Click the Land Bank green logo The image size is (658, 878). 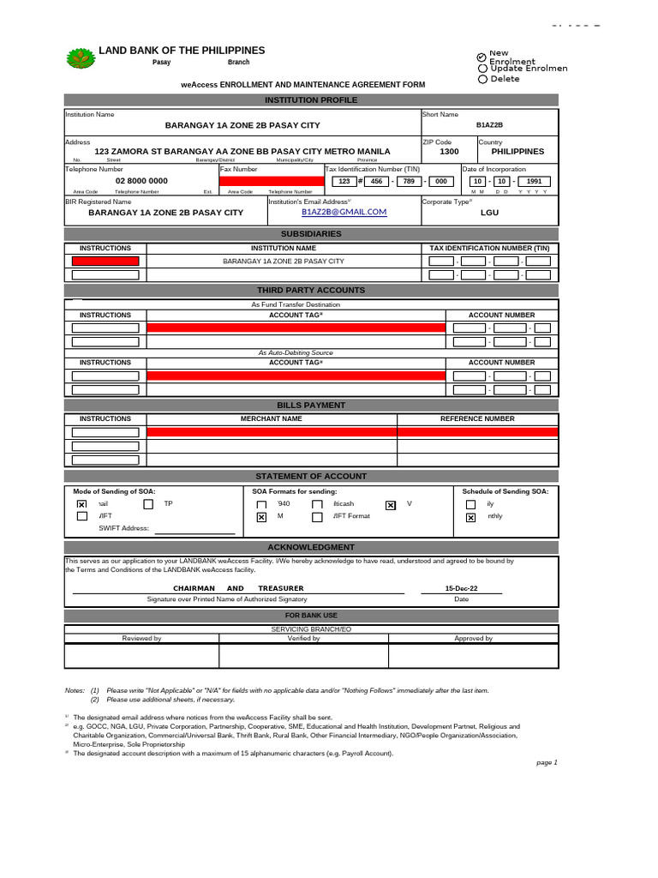[x=81, y=58]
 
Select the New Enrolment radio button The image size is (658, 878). [x=482, y=57]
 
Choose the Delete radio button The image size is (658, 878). [x=482, y=79]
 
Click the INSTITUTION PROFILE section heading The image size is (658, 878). [x=311, y=100]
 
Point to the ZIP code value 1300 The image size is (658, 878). [x=449, y=151]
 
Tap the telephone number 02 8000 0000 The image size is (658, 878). [x=141, y=181]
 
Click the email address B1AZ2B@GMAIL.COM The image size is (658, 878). [x=344, y=212]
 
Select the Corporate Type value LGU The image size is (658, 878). [x=489, y=212]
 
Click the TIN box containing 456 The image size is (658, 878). [x=374, y=181]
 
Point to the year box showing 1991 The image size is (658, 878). [x=533, y=181]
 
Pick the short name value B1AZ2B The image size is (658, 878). [x=489, y=125]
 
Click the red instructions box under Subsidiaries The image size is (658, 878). [x=105, y=261]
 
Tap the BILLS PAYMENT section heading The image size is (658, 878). [x=311, y=405]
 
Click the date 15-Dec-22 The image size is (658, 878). [x=461, y=588]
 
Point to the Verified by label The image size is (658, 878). [x=303, y=638]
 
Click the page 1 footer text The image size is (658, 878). [x=547, y=762]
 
